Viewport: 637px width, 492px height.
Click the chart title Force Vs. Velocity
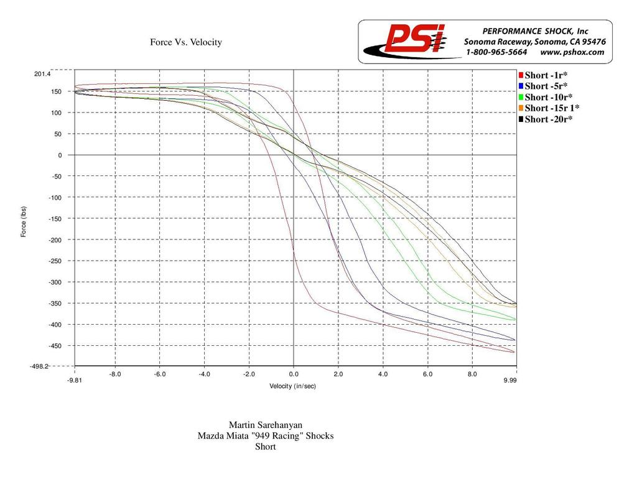tap(185, 42)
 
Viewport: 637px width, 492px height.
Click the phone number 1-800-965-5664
tap(496, 52)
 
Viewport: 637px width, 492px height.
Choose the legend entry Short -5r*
tap(546, 86)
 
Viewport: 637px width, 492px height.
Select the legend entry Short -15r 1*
tap(552, 108)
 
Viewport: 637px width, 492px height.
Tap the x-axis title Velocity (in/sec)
tap(292, 386)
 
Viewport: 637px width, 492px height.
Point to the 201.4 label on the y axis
tap(42, 74)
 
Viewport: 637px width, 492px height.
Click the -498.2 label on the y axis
tap(40, 367)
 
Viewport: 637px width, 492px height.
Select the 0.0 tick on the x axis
tap(293, 374)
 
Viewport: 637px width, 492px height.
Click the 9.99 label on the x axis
tap(510, 379)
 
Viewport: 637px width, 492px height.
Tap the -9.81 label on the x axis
tap(75, 379)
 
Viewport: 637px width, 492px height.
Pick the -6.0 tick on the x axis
tap(159, 374)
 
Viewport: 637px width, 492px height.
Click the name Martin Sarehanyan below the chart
tap(266, 425)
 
